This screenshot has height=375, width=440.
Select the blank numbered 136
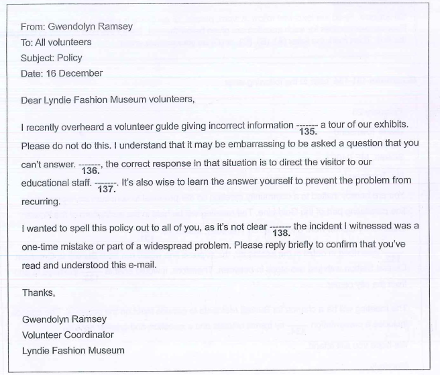coord(89,165)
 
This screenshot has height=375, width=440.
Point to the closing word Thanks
coord(39,293)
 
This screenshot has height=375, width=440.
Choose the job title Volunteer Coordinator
coord(68,334)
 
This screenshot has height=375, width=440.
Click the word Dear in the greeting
coord(34,101)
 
